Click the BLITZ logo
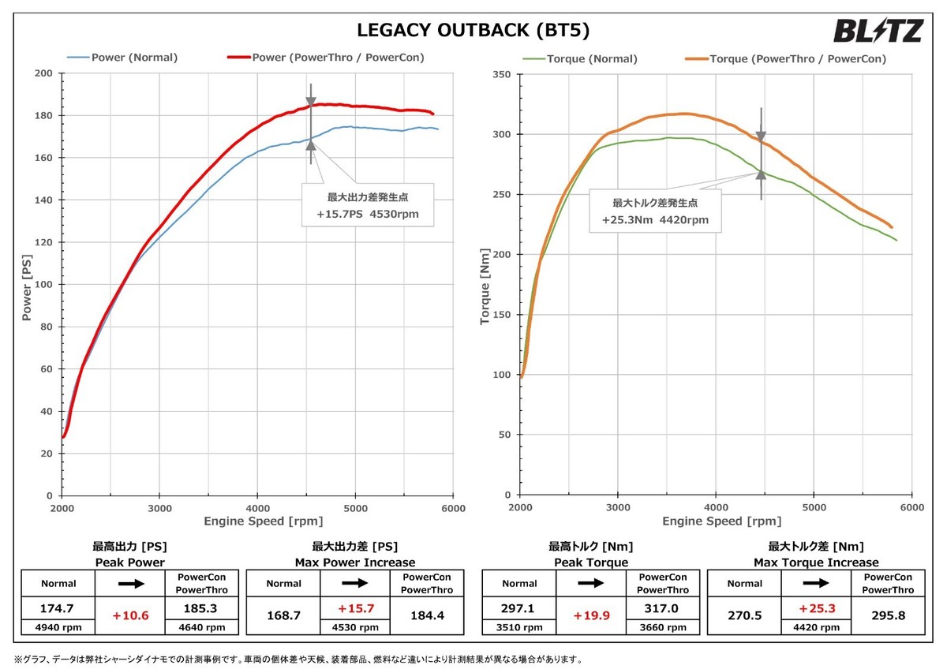878,32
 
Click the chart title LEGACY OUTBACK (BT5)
473,31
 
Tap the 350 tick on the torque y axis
502,75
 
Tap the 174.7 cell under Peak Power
58,608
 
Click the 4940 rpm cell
58,628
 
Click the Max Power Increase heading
355,562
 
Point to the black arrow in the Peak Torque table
592,584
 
